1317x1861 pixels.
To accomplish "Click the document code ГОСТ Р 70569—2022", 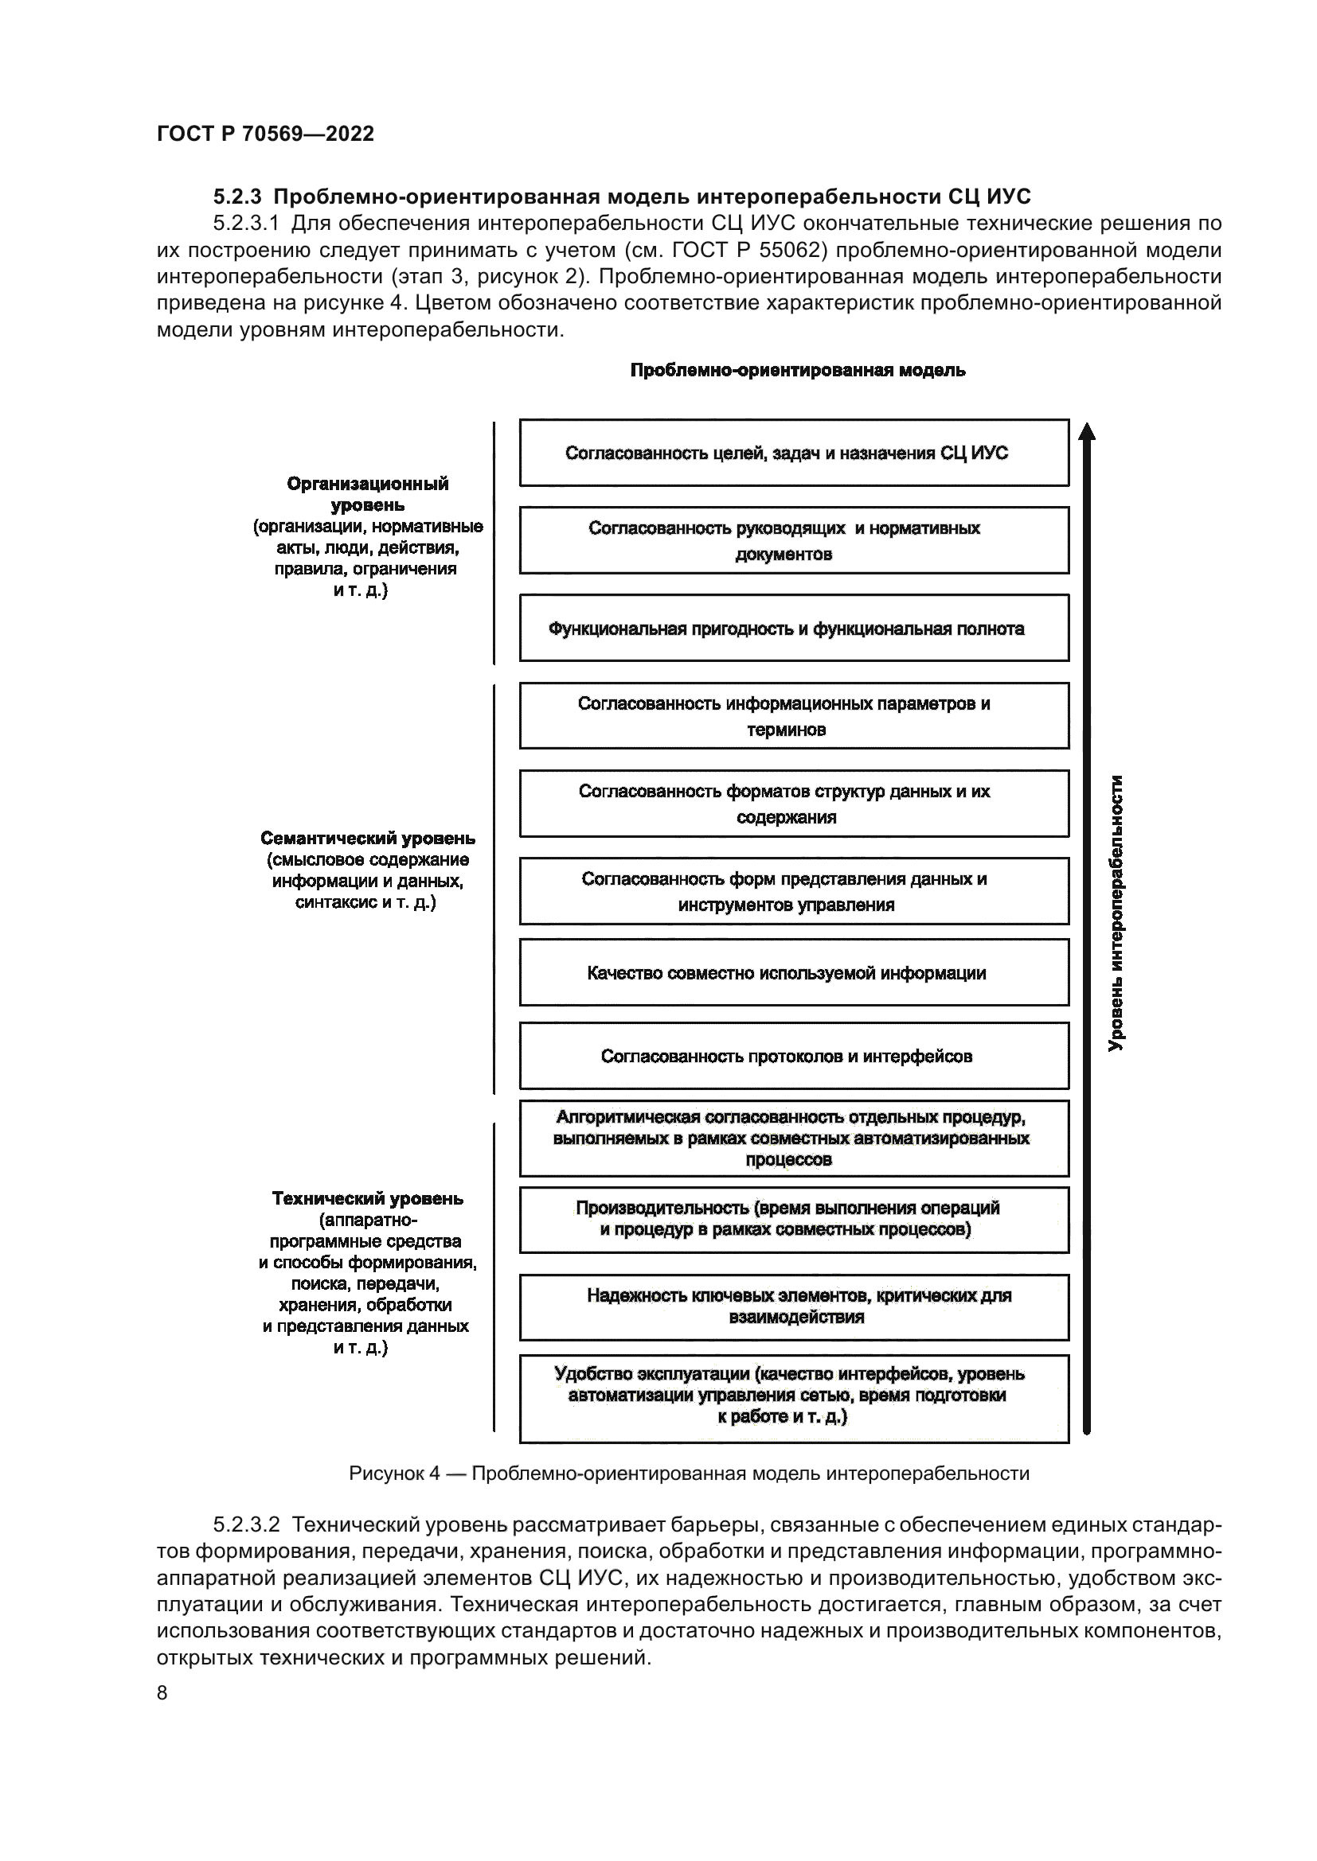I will coord(265,134).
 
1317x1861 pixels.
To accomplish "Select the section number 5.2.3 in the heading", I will coord(237,197).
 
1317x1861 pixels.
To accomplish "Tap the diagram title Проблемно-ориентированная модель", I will coord(797,371).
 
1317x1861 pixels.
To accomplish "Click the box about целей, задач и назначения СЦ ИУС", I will coord(794,453).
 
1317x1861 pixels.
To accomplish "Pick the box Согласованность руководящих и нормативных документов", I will coord(794,540).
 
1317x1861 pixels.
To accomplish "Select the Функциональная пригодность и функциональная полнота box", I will coord(794,629).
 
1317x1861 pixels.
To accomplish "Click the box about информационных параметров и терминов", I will coord(794,716).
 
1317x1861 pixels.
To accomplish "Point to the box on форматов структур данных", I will coord(794,804).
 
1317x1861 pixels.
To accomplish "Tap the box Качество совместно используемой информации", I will coord(794,972).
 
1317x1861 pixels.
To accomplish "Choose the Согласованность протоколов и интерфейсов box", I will coord(794,1056).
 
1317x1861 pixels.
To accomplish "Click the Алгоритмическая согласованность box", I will coord(794,1138).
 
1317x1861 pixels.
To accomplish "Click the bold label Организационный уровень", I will coord(367,494).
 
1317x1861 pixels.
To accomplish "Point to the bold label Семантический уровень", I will coord(367,838).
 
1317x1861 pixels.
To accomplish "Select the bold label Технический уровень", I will coord(367,1198).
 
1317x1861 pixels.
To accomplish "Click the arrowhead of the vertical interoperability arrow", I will coord(1088,431).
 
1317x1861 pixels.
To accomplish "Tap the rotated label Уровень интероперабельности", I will coord(1116,913).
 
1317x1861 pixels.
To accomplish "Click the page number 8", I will coord(162,1692).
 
